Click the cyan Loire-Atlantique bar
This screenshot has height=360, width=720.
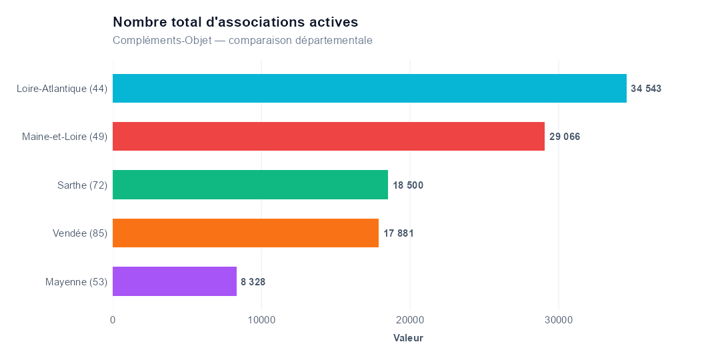click(369, 88)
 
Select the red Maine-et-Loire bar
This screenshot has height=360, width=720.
click(329, 137)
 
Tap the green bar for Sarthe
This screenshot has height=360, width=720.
click(250, 185)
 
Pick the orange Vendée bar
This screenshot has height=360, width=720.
click(245, 233)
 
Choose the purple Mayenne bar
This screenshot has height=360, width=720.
click(175, 281)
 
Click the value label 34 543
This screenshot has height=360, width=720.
click(646, 89)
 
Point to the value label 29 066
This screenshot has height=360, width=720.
click(565, 137)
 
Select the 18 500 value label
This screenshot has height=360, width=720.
click(408, 185)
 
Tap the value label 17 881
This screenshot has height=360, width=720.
click(399, 233)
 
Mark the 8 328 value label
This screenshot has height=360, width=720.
click(253, 281)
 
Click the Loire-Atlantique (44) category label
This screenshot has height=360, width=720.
click(62, 89)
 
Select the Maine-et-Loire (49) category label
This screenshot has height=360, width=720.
click(65, 137)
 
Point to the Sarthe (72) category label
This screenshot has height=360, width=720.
click(82, 185)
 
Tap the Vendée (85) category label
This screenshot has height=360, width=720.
click(80, 233)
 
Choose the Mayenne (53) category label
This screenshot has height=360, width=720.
click(76, 282)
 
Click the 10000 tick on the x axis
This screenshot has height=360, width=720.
click(261, 320)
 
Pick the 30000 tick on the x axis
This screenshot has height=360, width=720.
click(559, 320)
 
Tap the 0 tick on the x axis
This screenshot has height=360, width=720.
click(113, 320)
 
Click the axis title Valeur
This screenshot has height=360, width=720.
click(408, 339)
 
